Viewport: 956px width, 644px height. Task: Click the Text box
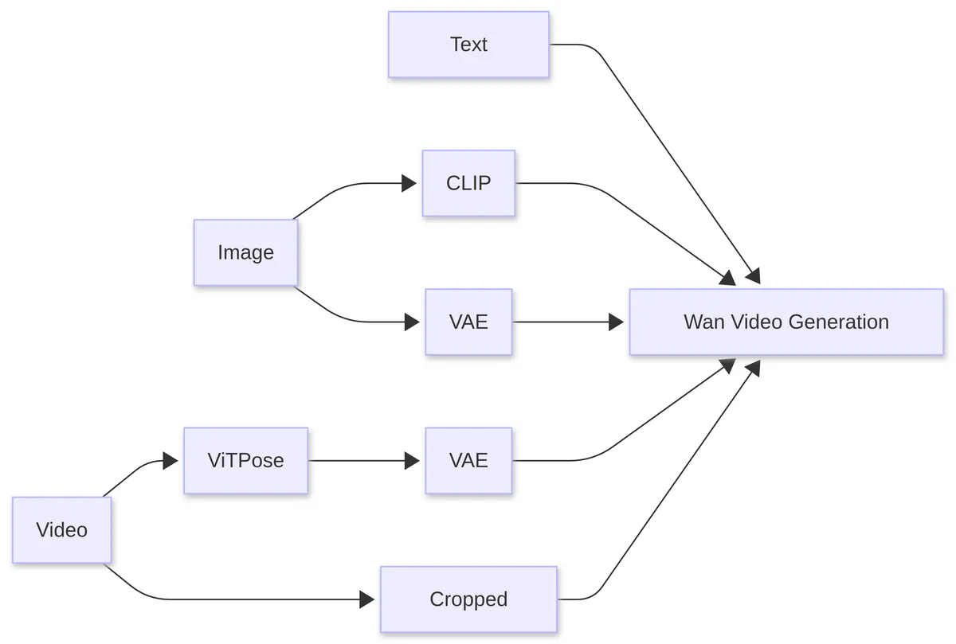[x=468, y=45]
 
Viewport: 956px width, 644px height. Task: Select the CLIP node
[x=468, y=183]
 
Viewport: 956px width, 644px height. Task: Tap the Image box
[x=245, y=252]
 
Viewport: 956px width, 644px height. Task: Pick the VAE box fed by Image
[x=468, y=322]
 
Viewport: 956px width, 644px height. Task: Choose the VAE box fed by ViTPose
[x=468, y=460]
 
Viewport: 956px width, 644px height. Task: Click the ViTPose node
[x=245, y=460]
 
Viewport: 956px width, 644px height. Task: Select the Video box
[x=61, y=530]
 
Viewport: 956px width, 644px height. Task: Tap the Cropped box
[x=468, y=599]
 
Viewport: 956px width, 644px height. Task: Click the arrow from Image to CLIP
[x=351, y=184]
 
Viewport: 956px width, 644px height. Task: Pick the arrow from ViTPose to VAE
[x=362, y=460]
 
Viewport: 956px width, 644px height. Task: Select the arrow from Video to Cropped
[x=239, y=599]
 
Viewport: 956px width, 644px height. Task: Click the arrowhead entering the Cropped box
[x=367, y=599]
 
